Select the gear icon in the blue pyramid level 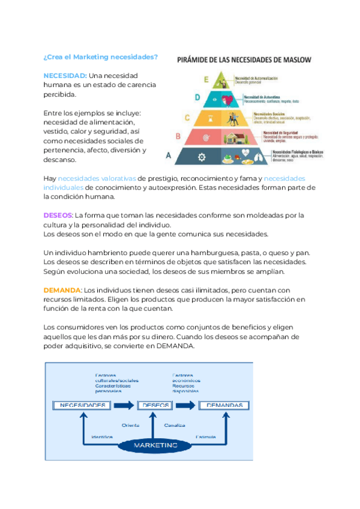[x=202, y=157]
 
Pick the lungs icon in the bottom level [x=260, y=157]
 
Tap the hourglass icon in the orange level [x=214, y=118]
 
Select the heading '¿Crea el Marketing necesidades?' [x=101, y=57]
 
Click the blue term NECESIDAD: [x=65, y=76]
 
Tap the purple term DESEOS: [x=58, y=215]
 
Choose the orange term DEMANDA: [x=62, y=289]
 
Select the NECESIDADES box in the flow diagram [x=83, y=405]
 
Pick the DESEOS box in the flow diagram [x=155, y=405]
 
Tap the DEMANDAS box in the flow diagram [x=224, y=405]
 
